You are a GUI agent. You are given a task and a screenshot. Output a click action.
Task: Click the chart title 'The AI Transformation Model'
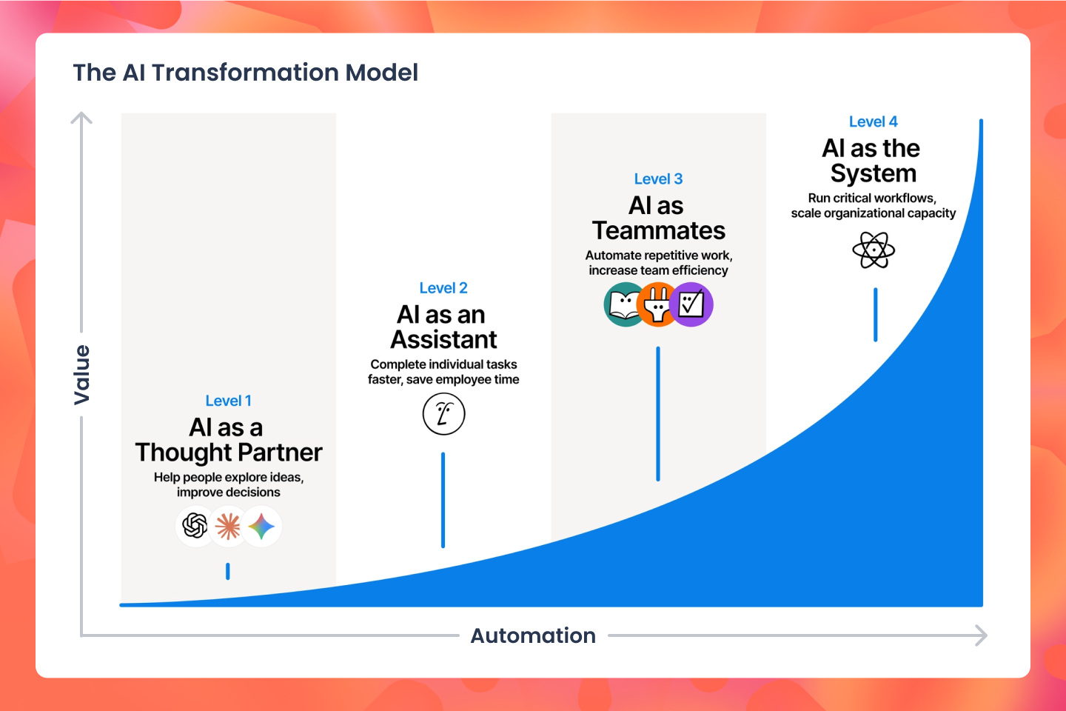pyautogui.click(x=245, y=73)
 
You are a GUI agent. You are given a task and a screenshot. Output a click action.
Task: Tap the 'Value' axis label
pyautogui.click(x=81, y=375)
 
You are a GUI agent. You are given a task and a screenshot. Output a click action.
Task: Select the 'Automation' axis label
pyautogui.click(x=533, y=635)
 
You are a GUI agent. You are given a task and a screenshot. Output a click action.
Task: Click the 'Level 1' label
pyautogui.click(x=228, y=401)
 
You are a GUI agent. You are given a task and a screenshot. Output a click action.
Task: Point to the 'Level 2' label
pyautogui.click(x=443, y=288)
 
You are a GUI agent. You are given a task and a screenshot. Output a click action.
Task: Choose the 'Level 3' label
pyautogui.click(x=658, y=179)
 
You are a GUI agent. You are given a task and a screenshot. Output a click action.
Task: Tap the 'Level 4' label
pyautogui.click(x=873, y=121)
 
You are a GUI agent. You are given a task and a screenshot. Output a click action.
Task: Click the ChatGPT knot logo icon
pyautogui.click(x=195, y=527)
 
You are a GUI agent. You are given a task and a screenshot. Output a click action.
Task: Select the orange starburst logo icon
pyautogui.click(x=228, y=527)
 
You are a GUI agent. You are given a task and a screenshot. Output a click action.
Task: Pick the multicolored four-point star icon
pyautogui.click(x=261, y=527)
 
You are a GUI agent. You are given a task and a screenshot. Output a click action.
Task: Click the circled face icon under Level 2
pyautogui.click(x=443, y=414)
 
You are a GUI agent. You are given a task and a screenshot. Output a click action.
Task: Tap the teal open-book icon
pyautogui.click(x=624, y=304)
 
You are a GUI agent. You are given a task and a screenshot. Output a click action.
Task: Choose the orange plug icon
pyautogui.click(x=657, y=304)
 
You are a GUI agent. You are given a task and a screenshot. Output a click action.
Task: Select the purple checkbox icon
pyautogui.click(x=691, y=304)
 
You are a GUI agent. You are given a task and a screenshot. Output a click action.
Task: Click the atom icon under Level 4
pyautogui.click(x=874, y=250)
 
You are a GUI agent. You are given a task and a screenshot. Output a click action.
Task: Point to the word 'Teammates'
pyautogui.click(x=658, y=231)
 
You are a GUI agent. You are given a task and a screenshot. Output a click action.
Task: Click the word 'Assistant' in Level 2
pyautogui.click(x=443, y=340)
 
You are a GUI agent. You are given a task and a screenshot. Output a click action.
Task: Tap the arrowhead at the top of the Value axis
pyautogui.click(x=81, y=117)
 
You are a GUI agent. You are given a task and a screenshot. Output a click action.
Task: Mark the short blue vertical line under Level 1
pyautogui.click(x=228, y=571)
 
